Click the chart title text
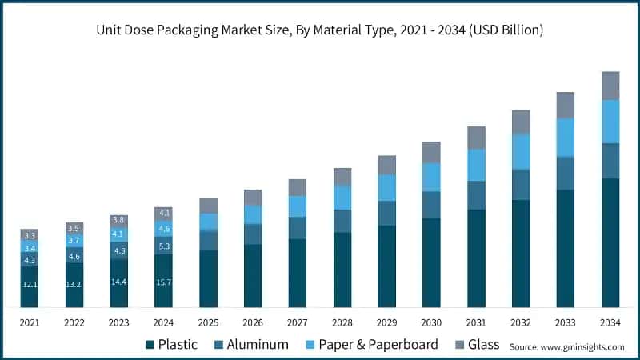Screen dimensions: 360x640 320,30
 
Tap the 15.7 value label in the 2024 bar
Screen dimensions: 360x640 164,280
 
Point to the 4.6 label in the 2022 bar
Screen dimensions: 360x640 74,256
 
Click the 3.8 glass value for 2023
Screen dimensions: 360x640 119,220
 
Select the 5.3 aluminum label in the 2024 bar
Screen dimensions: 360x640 164,246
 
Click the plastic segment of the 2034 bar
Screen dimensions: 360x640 610,242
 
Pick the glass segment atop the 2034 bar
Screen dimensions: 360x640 610,86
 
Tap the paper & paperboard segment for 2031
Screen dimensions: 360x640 477,165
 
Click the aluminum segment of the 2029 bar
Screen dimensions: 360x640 387,213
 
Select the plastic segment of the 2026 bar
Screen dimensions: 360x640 253,275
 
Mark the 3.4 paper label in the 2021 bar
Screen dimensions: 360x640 30,248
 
